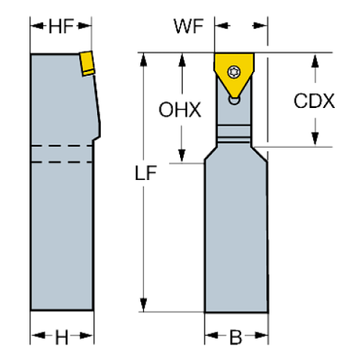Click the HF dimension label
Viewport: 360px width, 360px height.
tap(62, 28)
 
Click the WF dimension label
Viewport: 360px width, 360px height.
tap(188, 26)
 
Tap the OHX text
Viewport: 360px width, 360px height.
tap(180, 110)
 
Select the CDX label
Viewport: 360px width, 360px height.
tap(314, 101)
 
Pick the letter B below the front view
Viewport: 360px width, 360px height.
tap(237, 337)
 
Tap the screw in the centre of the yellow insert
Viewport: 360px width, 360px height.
tap(234, 71)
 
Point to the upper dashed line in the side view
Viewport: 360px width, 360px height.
tap(62, 147)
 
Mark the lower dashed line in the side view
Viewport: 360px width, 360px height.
tap(62, 160)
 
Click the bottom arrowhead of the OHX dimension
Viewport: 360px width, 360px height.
tap(180, 156)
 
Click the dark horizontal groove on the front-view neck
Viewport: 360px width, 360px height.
tap(234, 135)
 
